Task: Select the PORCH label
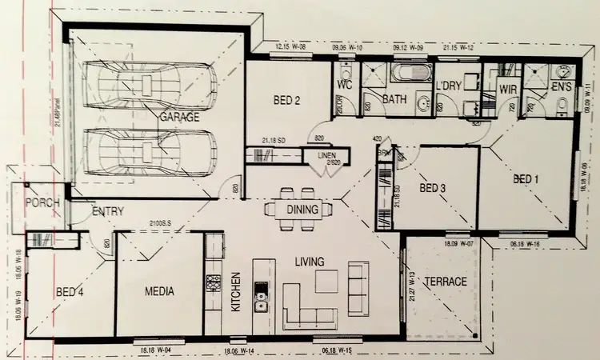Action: click(42, 202)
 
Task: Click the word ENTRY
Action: click(107, 212)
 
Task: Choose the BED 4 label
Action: click(70, 292)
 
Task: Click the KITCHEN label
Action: click(236, 292)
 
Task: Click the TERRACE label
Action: click(445, 282)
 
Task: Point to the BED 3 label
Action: click(432, 189)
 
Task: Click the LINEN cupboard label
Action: click(328, 157)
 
